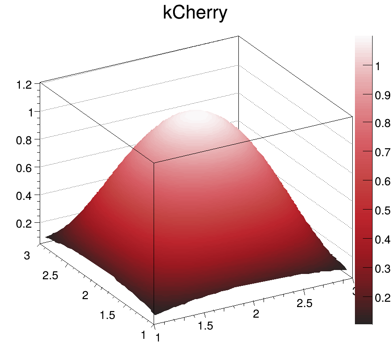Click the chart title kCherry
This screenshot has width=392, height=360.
click(x=195, y=13)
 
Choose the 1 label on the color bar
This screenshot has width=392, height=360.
click(x=378, y=66)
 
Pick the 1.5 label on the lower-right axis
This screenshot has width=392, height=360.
click(x=206, y=326)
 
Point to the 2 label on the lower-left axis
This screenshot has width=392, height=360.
click(x=89, y=295)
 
